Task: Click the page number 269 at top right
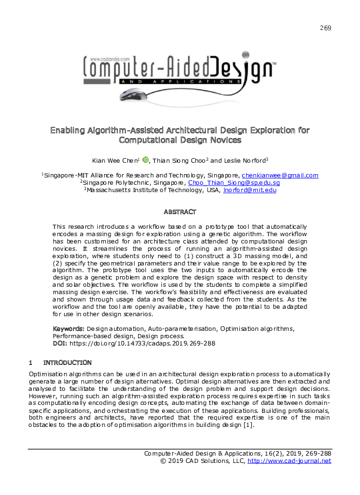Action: pyautogui.click(x=325, y=27)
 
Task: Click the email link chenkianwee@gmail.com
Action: pyautogui.click(x=280, y=175)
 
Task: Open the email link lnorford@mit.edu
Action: pyautogui.click(x=250, y=189)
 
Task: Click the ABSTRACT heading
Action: pyautogui.click(x=180, y=211)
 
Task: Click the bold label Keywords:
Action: pyautogui.click(x=69, y=330)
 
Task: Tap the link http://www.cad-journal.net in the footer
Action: pyautogui.click(x=289, y=461)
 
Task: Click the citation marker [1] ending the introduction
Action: pyautogui.click(x=248, y=425)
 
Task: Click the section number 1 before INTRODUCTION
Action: pyautogui.click(x=31, y=363)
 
